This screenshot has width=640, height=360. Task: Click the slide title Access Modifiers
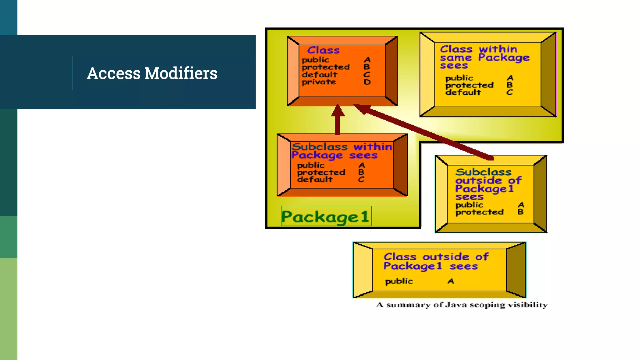click(152, 73)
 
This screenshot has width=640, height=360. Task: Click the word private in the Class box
click(319, 82)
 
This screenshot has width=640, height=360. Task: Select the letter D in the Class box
click(367, 82)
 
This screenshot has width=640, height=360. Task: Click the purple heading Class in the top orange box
click(323, 50)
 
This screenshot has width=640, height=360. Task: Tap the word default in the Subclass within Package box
click(315, 180)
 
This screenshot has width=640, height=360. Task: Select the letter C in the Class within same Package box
click(510, 92)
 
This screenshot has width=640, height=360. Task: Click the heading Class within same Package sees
click(484, 57)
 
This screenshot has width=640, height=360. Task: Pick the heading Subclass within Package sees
click(341, 151)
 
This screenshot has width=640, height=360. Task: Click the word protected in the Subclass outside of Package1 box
click(479, 212)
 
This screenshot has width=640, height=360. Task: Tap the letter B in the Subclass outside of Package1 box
click(520, 212)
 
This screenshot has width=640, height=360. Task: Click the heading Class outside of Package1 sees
click(436, 261)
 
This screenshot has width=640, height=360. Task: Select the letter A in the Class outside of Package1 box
click(451, 281)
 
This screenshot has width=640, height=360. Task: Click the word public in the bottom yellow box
click(399, 281)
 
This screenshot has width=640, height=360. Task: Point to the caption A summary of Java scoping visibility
click(462, 305)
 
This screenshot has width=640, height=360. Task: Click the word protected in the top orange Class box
click(326, 67)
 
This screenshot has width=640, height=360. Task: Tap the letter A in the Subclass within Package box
click(362, 165)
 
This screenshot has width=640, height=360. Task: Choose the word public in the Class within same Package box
click(459, 78)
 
